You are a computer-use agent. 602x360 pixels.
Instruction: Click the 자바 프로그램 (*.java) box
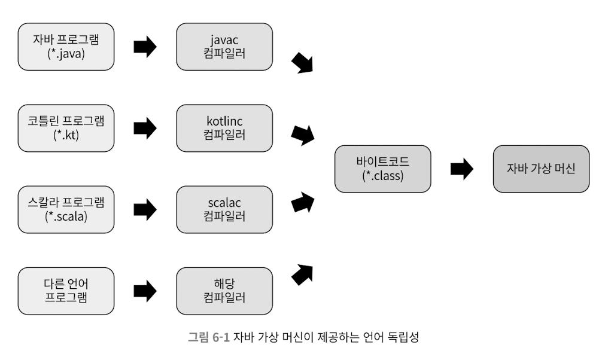(66, 47)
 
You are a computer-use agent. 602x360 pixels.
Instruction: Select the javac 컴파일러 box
(224, 47)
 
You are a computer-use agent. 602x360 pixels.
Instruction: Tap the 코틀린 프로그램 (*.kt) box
(66, 128)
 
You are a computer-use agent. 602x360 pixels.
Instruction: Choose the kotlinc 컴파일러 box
(224, 128)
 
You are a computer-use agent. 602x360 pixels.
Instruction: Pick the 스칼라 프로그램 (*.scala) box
(66, 209)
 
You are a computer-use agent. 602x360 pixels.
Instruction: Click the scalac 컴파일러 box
(224, 209)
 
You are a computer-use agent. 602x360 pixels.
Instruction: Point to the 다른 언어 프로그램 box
(66, 291)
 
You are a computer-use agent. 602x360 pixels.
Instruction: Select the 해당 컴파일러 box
(224, 291)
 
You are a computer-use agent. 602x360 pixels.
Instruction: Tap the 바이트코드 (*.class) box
(383, 169)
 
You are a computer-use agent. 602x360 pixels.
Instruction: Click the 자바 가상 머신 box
(541, 169)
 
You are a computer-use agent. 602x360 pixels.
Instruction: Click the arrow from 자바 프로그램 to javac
(145, 47)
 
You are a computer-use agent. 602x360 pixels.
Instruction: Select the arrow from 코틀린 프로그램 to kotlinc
(145, 128)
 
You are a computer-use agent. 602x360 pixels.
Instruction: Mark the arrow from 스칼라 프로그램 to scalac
(145, 209)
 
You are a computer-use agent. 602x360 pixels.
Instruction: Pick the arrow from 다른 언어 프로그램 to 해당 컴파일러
(145, 291)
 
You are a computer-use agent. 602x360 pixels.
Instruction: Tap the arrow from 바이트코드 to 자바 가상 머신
(461, 169)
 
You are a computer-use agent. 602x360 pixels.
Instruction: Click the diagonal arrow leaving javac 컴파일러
(302, 62)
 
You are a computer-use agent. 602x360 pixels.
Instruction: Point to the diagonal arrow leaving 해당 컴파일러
(302, 274)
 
